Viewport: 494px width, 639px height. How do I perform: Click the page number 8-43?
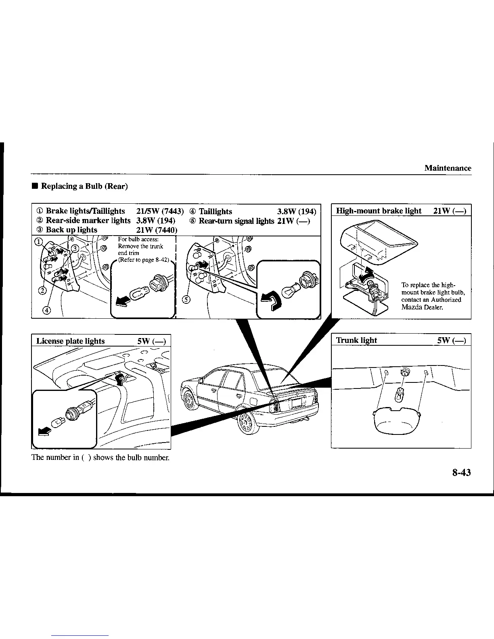point(461,473)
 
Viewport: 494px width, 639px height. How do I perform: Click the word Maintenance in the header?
point(448,168)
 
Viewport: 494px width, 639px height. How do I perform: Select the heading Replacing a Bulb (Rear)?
point(84,186)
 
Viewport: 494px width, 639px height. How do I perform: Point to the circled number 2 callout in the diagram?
point(42,290)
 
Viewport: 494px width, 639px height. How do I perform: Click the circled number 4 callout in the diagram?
point(47,310)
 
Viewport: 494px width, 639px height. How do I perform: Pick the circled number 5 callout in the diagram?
point(186,299)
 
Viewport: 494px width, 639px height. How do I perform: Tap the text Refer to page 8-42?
point(143,260)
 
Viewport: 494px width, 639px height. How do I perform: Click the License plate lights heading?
point(71,341)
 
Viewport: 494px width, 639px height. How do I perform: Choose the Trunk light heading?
point(356,340)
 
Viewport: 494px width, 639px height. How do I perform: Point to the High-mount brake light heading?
point(379,211)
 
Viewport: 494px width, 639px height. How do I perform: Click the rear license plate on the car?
point(297,402)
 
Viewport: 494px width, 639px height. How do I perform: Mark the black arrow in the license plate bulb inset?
point(44,432)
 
